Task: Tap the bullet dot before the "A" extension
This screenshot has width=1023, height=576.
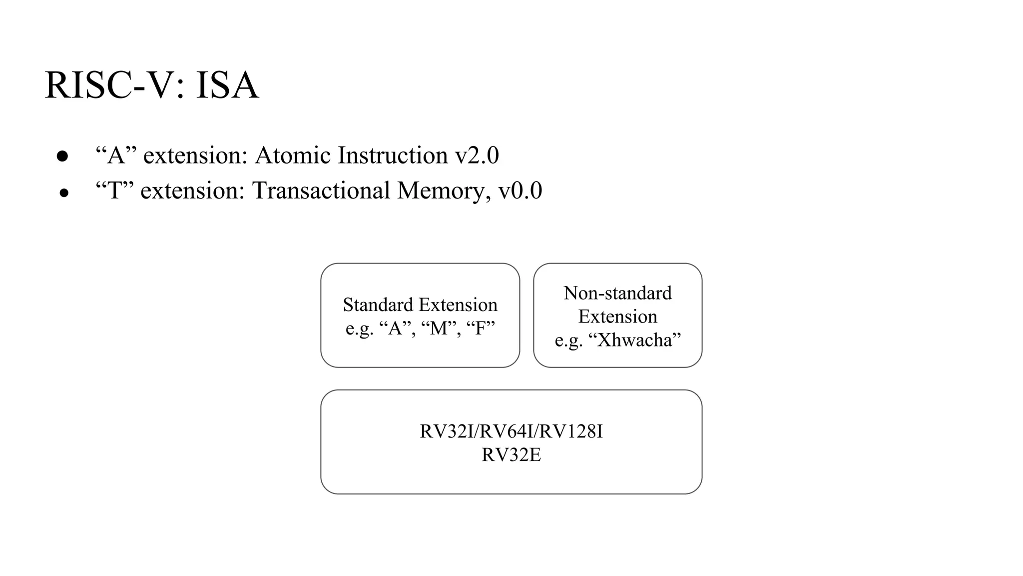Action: click(x=62, y=156)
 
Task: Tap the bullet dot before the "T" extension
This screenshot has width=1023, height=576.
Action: click(x=63, y=193)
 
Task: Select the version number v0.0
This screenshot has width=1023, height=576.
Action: click(x=520, y=191)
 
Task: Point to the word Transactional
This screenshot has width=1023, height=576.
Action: click(x=321, y=191)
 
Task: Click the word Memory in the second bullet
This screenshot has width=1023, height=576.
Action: click(x=441, y=191)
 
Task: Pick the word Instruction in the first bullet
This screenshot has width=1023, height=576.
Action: click(x=393, y=155)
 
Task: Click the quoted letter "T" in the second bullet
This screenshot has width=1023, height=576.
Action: click(x=115, y=191)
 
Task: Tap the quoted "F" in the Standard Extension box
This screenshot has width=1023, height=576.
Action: click(x=481, y=328)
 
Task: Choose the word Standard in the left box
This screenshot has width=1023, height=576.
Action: click(x=378, y=305)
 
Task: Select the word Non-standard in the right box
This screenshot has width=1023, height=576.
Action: click(x=617, y=293)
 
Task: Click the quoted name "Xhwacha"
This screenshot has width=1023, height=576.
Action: click(x=634, y=340)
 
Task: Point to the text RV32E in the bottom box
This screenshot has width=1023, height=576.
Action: click(x=511, y=455)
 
